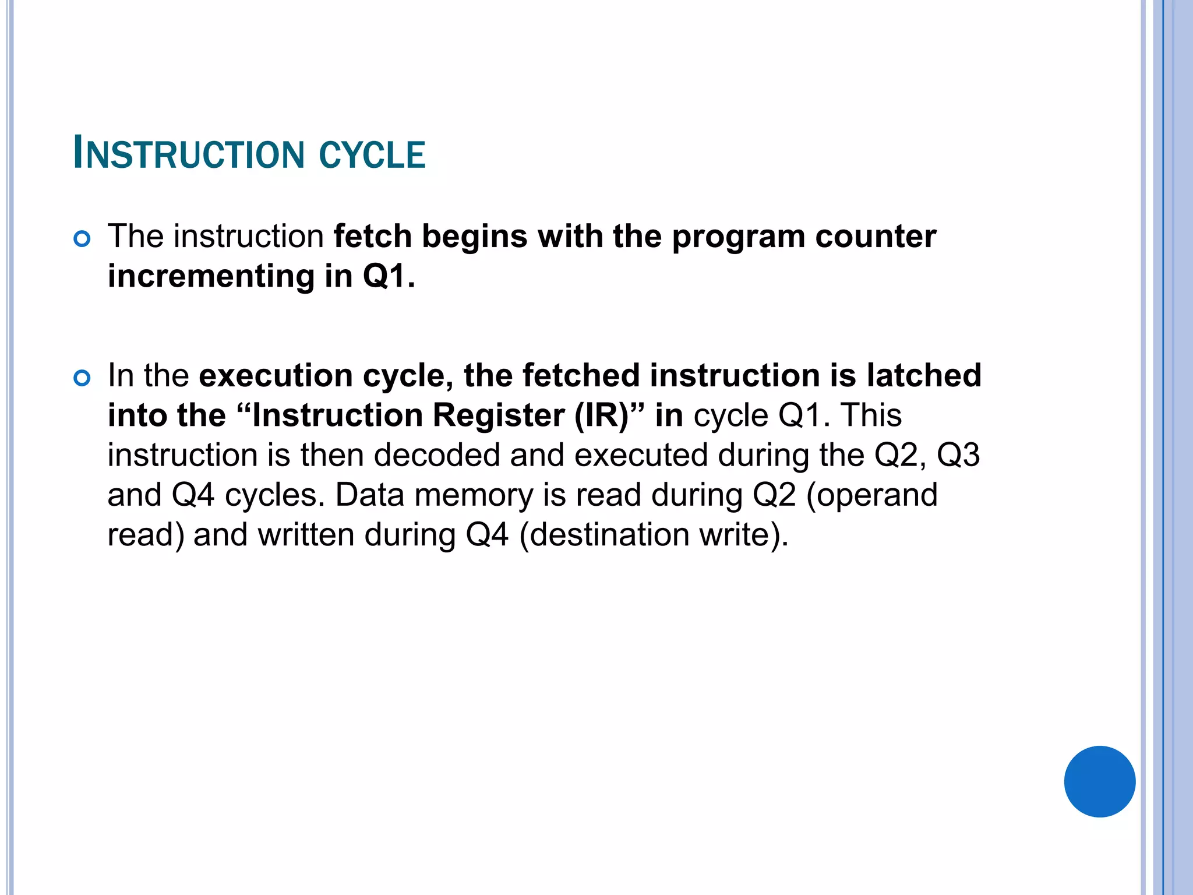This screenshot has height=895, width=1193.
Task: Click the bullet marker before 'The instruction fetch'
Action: click(x=82, y=239)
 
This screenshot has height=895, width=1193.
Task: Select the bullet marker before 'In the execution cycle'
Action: click(x=82, y=378)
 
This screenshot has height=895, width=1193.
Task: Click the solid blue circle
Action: click(x=1099, y=781)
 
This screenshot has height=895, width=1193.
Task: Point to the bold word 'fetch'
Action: click(x=373, y=237)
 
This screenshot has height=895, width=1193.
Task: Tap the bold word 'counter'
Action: click(x=876, y=237)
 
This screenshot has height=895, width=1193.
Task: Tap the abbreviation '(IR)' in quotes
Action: click(x=609, y=415)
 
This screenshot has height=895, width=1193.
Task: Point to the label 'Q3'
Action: click(x=958, y=455)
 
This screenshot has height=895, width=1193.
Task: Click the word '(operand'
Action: click(x=871, y=495)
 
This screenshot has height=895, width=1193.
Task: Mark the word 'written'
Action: click(x=306, y=535)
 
